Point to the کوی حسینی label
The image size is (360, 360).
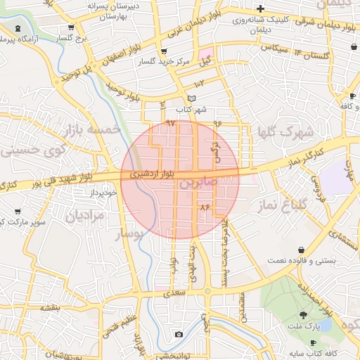pos(32,150)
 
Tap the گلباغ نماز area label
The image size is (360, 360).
pos(304,206)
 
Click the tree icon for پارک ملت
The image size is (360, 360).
pos(303,315)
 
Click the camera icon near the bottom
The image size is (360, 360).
pos(179,334)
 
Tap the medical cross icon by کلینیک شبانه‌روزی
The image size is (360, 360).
pos(260,8)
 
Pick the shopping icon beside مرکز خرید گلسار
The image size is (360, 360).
pos(164,51)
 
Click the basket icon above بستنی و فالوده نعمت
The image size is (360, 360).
pos(302,250)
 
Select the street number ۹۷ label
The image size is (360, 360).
pos(169,123)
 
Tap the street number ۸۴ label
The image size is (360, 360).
pos(205,207)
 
